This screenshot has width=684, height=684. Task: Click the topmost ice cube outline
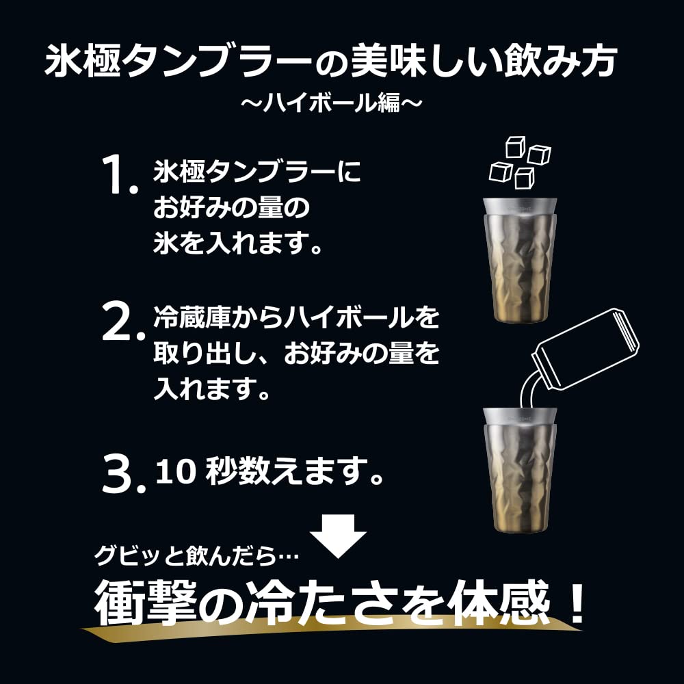click(x=514, y=147)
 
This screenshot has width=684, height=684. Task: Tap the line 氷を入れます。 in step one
click(x=237, y=244)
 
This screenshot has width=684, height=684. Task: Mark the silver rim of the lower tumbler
click(x=520, y=415)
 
